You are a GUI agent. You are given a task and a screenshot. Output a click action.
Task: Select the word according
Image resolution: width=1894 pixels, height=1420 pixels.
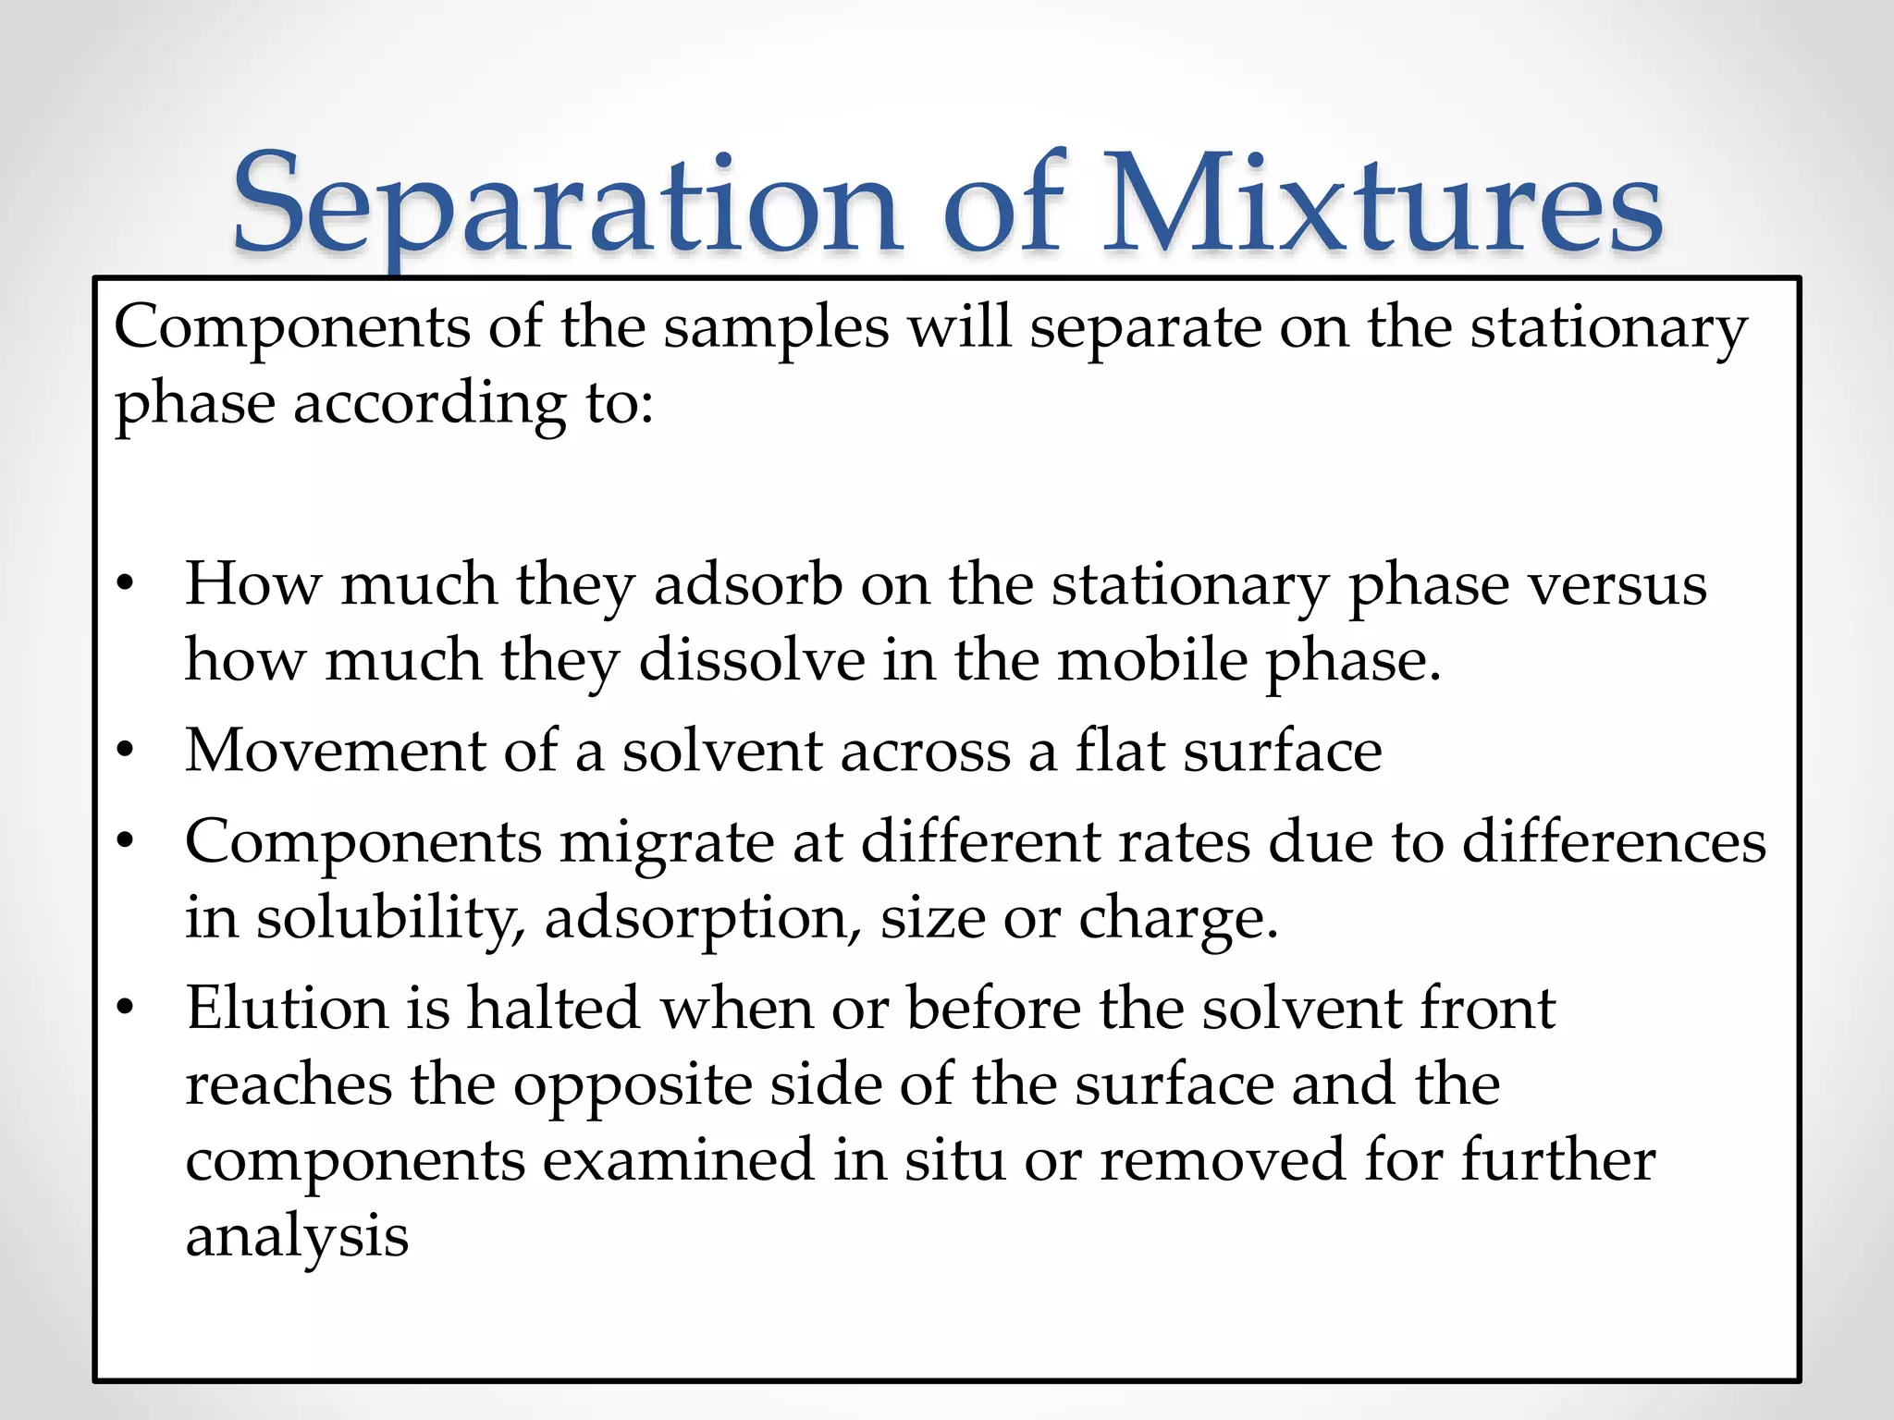[x=429, y=405]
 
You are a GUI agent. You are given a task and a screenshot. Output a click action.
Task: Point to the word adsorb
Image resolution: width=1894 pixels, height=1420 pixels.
[x=747, y=584]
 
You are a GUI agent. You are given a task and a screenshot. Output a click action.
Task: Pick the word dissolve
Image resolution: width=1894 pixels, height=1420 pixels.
[x=752, y=661]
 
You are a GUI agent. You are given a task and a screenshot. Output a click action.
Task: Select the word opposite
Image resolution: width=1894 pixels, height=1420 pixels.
[x=633, y=1085]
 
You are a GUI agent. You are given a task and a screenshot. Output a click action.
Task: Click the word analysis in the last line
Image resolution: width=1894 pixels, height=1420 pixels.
[x=297, y=1236]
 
